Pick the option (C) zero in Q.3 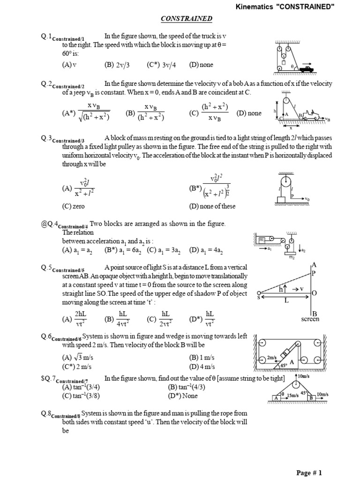point(74,206)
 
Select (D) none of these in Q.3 point(212,206)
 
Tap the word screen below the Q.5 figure point(310,319)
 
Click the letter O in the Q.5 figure point(315,293)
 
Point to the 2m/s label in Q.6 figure point(272,358)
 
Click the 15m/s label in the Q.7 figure point(292,395)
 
